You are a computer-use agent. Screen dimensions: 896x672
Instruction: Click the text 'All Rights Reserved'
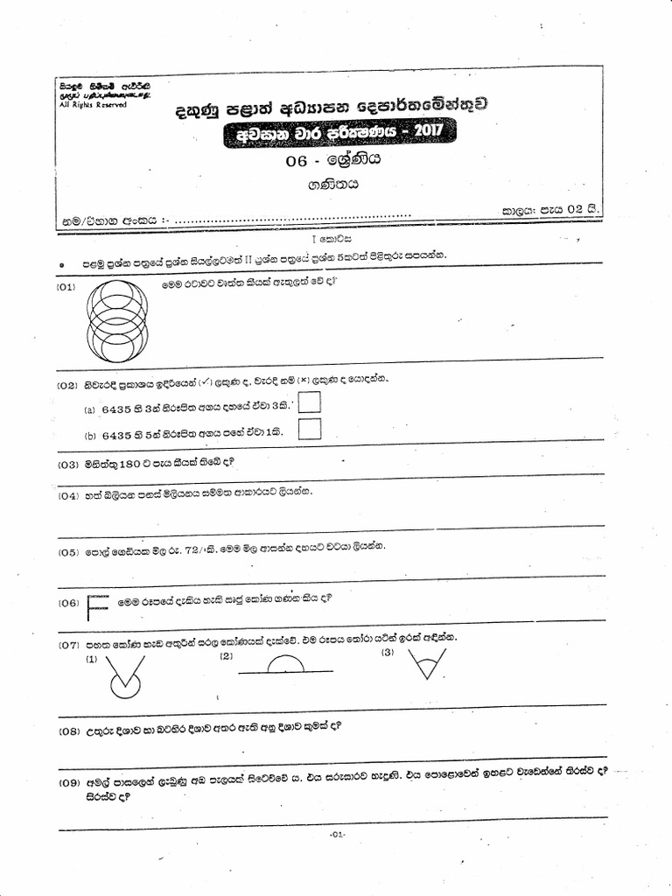92,105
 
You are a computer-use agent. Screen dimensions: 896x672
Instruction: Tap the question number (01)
67,287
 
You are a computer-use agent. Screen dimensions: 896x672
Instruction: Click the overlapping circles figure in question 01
117,320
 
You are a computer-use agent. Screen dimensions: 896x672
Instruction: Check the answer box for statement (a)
309,402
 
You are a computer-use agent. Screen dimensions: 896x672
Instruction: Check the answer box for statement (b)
309,428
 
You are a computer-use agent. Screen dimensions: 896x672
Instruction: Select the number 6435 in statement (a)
116,409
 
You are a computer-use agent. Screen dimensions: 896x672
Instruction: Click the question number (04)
68,496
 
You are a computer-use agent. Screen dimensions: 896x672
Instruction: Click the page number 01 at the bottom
338,835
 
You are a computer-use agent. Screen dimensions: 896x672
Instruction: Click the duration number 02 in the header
575,209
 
